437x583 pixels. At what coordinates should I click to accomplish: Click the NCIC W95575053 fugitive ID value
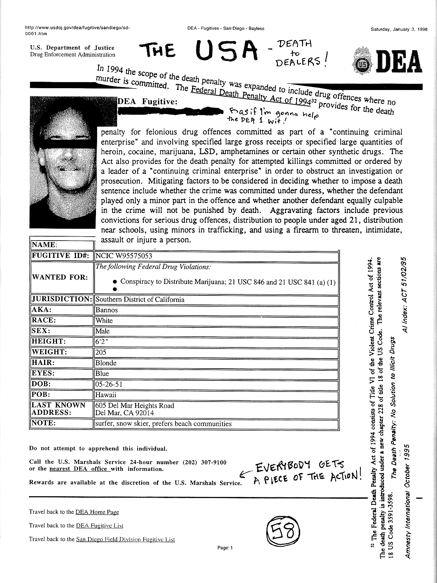point(124,256)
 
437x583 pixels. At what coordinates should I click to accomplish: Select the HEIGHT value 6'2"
point(101,342)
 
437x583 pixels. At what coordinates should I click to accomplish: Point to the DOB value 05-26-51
point(109,384)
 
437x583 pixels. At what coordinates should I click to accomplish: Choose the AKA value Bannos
point(107,310)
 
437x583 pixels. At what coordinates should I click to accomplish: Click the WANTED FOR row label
point(60,278)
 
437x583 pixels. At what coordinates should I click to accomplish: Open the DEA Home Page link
point(97,512)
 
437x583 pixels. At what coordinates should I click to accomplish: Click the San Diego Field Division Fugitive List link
point(125,539)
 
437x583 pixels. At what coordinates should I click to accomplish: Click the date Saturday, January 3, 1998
point(399,30)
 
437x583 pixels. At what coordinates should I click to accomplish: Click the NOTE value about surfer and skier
point(163,424)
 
